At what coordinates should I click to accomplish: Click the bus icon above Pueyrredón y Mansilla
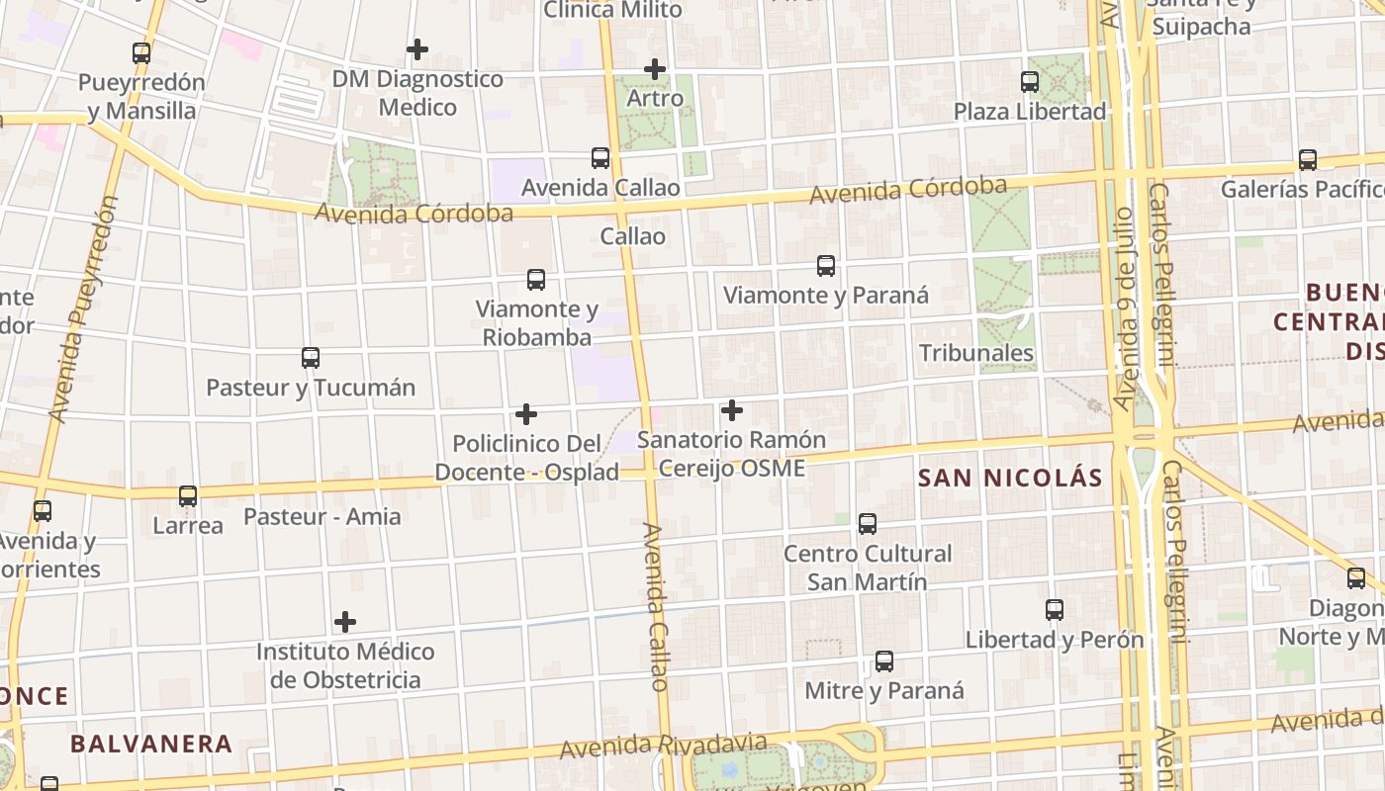141,53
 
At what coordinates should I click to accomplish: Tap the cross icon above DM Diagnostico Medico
417,48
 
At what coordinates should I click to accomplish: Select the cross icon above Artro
654,69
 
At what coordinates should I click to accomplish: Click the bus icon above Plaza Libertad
1030,82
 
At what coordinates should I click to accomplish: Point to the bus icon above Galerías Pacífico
1308,160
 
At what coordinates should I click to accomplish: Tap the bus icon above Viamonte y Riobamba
536,280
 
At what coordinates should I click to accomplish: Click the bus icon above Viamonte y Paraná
826,266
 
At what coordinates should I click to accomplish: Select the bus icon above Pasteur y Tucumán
311,358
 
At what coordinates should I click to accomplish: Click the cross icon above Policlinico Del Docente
526,413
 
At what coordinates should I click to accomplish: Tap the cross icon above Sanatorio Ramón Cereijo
732,409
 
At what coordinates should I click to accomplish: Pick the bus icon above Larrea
188,496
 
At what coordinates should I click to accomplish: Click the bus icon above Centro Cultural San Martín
868,524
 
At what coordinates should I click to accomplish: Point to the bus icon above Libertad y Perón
1055,610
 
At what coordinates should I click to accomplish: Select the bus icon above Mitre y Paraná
884,661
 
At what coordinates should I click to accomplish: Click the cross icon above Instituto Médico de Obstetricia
344,622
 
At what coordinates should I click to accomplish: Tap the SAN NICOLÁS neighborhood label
1010,479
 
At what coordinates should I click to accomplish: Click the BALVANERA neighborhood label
151,744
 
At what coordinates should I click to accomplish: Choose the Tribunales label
976,353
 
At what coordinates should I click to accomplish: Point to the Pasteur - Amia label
323,516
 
